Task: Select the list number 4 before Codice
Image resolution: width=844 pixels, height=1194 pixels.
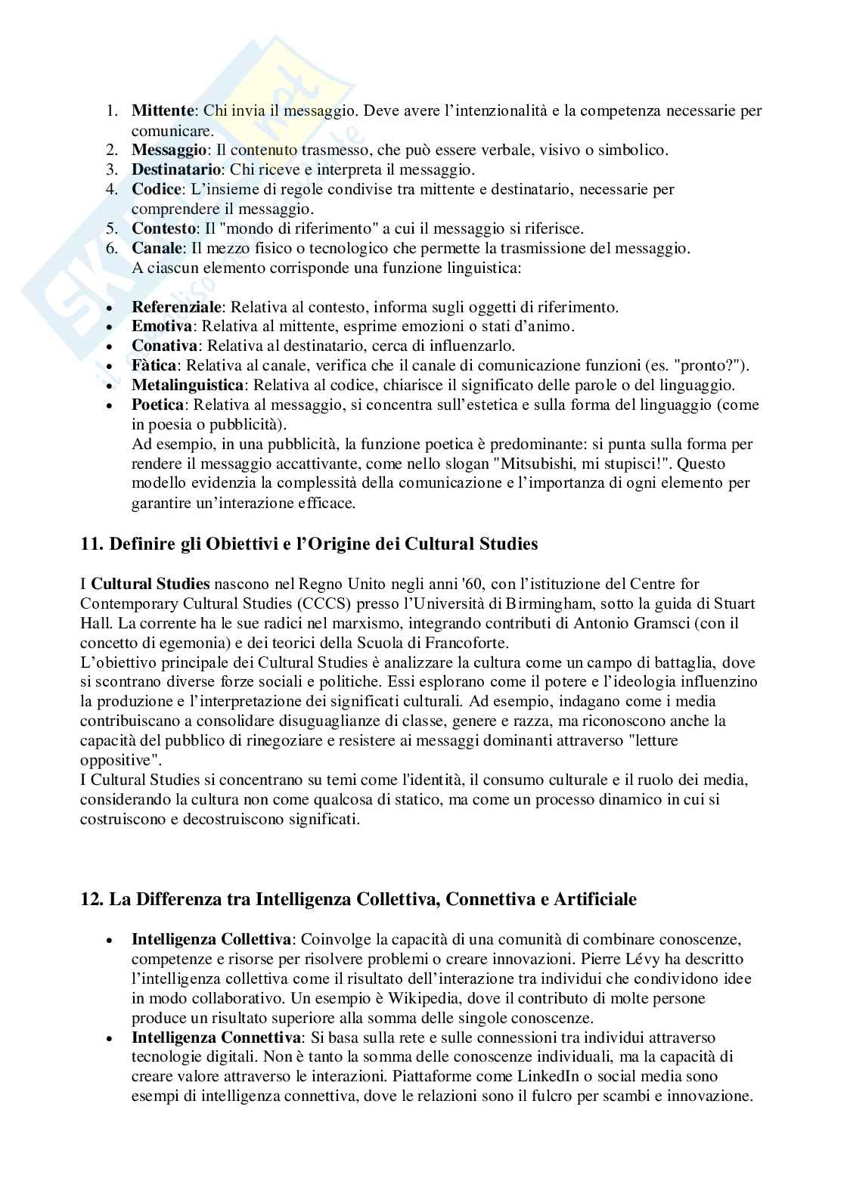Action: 110,189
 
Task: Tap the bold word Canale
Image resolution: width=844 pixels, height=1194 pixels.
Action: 157,248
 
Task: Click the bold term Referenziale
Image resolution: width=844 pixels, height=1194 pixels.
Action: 177,307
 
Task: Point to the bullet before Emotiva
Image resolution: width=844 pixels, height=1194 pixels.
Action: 110,327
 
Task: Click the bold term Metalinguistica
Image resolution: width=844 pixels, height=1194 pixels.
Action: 188,385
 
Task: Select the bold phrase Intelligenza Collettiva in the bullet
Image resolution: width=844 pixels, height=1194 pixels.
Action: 211,939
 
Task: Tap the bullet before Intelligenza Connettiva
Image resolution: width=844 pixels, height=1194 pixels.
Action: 110,1037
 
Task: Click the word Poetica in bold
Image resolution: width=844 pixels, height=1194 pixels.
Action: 157,405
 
